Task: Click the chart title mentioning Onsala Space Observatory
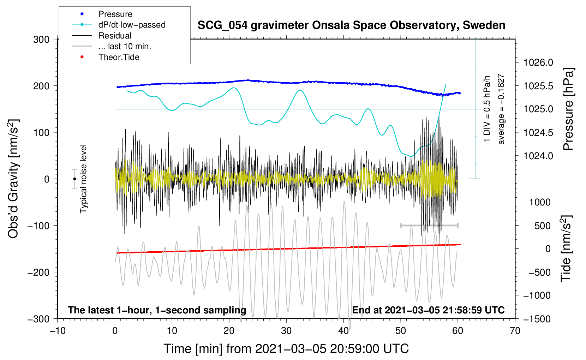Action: pos(351,25)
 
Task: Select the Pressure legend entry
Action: pos(115,14)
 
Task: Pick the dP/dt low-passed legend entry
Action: pos(132,25)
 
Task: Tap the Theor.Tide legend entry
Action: pos(119,57)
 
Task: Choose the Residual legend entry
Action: pos(115,36)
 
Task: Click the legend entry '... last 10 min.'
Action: pos(125,46)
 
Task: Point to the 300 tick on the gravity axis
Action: pos(41,40)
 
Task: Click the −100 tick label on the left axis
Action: pos(38,226)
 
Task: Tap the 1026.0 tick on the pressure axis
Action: pos(538,62)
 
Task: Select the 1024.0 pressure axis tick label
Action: pos(538,156)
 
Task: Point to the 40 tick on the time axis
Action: pos(343,331)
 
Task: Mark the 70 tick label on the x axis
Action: pos(515,331)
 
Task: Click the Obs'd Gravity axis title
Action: pos(13,179)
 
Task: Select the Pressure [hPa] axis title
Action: pos(568,109)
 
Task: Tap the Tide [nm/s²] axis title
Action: pos(566,249)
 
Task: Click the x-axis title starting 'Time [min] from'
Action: pos(286,349)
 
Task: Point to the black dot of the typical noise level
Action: pos(74,179)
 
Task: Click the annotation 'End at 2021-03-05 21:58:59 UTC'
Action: pos(428,310)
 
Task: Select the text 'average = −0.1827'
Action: pos(501,109)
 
